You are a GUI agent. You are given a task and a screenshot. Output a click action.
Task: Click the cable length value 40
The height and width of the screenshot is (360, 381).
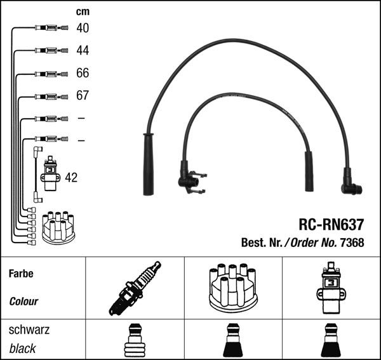coord(83,28)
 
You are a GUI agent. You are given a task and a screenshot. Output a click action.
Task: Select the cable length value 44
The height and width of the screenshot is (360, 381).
coord(83,50)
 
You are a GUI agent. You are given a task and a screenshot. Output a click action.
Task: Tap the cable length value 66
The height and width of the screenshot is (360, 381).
coord(83,73)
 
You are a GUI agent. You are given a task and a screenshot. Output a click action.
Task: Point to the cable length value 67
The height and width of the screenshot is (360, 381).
coord(83,95)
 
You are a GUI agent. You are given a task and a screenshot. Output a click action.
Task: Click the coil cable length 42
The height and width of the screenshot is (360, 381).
coord(71,178)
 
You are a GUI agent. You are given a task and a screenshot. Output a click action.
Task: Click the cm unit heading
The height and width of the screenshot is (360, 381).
coord(83,11)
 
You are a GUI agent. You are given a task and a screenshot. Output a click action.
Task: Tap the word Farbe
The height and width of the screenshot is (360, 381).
coord(21,274)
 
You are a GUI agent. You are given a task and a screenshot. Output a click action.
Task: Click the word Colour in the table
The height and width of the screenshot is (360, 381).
coord(23,302)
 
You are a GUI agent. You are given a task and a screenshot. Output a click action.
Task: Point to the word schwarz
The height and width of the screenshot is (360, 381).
coord(29,330)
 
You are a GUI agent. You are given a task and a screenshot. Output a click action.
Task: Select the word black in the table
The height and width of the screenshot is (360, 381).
coord(23,349)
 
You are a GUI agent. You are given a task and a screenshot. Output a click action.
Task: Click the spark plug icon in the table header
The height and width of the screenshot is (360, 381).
coord(135,288)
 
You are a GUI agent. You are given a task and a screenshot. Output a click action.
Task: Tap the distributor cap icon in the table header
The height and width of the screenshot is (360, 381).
coord(233,288)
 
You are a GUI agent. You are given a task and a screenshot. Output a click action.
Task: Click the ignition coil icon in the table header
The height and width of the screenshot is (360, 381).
coord(331,288)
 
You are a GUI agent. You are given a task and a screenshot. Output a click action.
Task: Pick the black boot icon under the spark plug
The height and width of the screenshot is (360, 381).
coord(135,341)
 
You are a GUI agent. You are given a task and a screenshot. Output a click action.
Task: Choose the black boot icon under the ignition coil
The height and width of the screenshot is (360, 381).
coord(331,341)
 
